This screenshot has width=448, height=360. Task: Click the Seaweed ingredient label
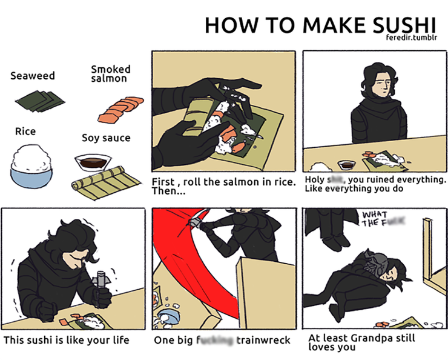[x=32, y=76]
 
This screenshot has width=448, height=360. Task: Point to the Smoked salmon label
[x=110, y=74]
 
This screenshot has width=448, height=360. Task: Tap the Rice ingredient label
[x=25, y=132]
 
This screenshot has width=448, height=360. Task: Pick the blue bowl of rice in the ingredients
[x=33, y=164]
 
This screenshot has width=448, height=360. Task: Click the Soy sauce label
[x=106, y=138]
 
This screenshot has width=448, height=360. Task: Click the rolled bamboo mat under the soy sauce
[x=99, y=184]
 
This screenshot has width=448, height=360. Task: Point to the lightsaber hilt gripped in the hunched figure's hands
[x=102, y=283]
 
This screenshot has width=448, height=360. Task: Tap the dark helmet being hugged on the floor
[x=375, y=264]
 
